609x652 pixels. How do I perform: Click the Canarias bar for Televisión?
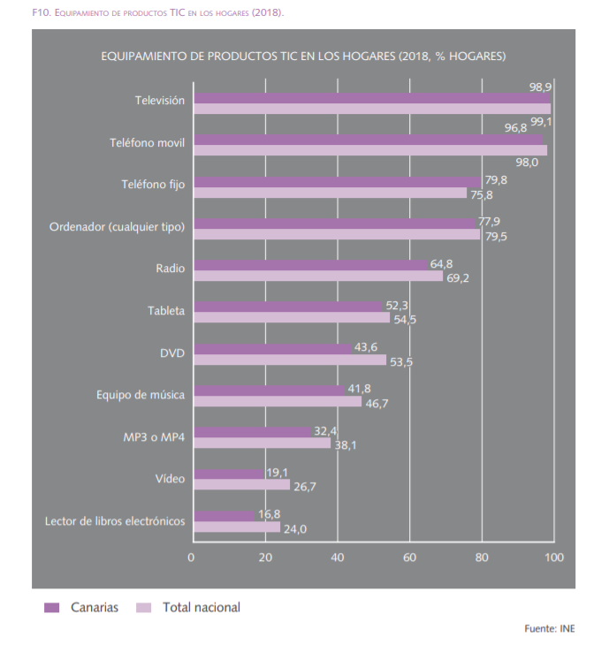pyautogui.click(x=371, y=98)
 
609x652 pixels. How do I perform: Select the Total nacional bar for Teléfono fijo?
pyautogui.click(x=330, y=193)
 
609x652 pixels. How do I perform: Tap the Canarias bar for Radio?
pyautogui.click(x=309, y=265)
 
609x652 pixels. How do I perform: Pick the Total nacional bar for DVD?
pyautogui.click(x=290, y=360)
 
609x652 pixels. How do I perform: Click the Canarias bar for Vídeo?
pyautogui.click(x=228, y=474)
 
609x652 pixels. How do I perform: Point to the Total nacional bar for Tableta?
pyautogui.click(x=292, y=318)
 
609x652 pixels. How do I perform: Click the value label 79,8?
pyautogui.click(x=496, y=180)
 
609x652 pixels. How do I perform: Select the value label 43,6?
pyautogui.click(x=366, y=347)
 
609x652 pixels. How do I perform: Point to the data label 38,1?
pyautogui.click(x=345, y=444)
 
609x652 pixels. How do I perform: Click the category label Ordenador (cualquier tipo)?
pyautogui.click(x=117, y=227)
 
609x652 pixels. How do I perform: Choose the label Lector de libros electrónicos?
pyautogui.click(x=115, y=521)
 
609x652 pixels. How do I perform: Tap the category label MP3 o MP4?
pyautogui.click(x=154, y=437)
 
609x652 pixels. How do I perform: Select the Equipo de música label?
pyautogui.click(x=141, y=395)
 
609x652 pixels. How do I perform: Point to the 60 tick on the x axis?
pyautogui.click(x=409, y=557)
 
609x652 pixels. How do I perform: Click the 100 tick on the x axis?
pyautogui.click(x=553, y=557)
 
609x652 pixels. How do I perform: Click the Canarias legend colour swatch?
pyautogui.click(x=51, y=608)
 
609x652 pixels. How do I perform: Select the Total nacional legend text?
pyautogui.click(x=201, y=608)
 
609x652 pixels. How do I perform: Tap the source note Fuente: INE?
pyautogui.click(x=550, y=629)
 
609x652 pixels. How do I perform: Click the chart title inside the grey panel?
pyautogui.click(x=303, y=57)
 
